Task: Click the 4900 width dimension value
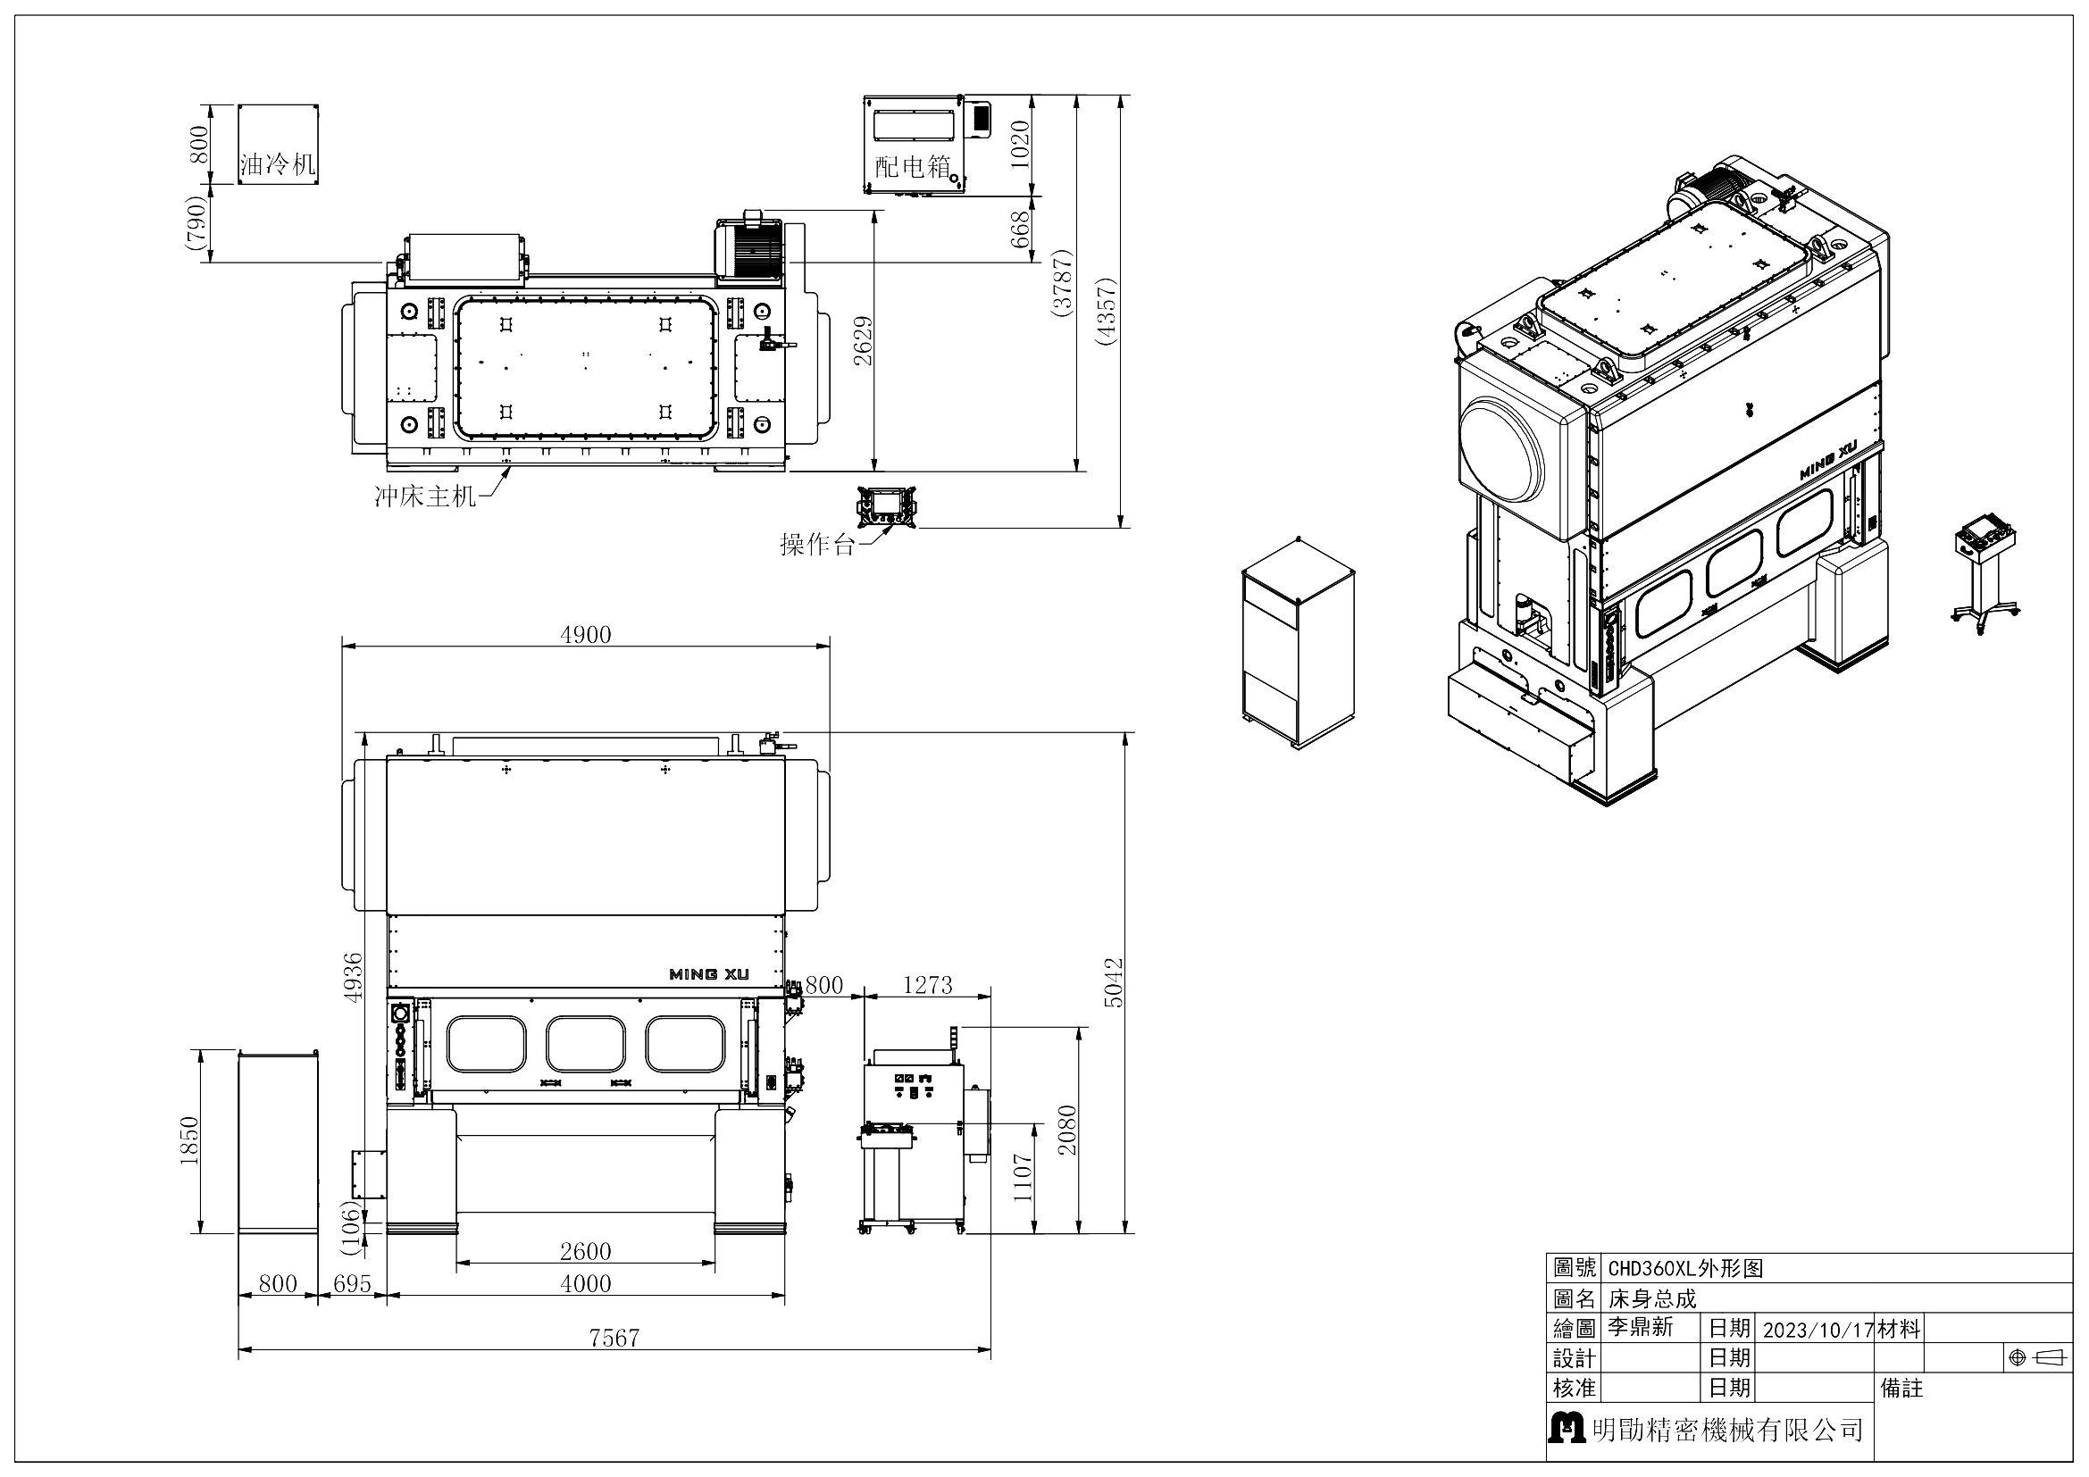point(585,635)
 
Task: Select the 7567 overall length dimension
point(614,1338)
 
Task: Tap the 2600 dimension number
point(585,1251)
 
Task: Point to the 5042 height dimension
point(1114,982)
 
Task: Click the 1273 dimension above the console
point(927,985)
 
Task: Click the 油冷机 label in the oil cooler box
point(278,164)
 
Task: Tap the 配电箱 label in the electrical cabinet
point(913,166)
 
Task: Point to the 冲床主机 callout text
point(425,497)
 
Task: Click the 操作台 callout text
point(817,545)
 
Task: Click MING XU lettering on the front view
point(709,974)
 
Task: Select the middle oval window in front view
point(585,1044)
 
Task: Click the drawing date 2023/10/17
point(1817,1330)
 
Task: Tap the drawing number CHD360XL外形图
point(1685,1269)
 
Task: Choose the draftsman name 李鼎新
point(1640,1327)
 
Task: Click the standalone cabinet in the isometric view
point(1298,643)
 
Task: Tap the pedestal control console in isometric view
point(1985,573)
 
